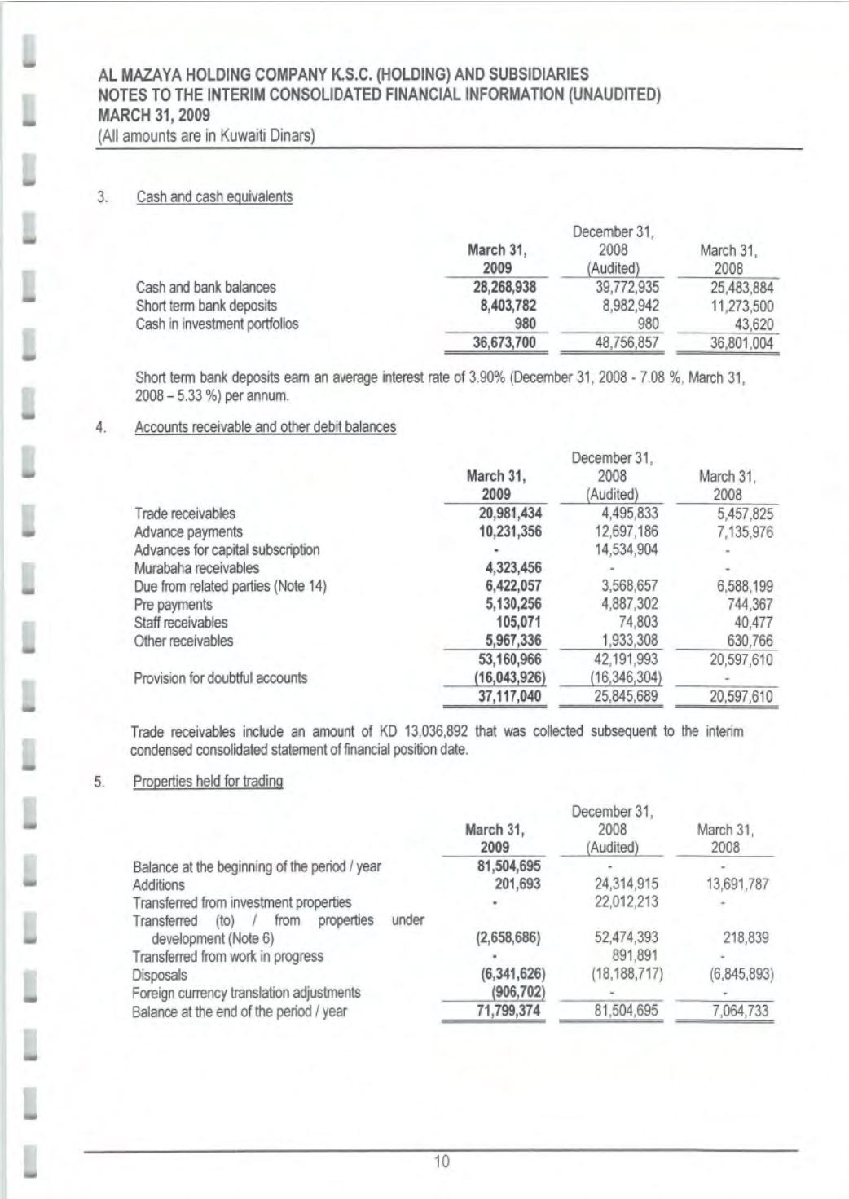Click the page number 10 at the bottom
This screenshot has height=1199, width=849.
442,1162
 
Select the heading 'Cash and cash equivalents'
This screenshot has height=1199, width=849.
214,197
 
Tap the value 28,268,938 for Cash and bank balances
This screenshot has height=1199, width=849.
504,287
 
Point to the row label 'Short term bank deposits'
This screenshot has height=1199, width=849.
206,306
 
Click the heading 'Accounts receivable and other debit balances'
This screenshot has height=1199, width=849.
266,427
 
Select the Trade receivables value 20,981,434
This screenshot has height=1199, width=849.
509,514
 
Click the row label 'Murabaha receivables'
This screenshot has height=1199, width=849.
196,568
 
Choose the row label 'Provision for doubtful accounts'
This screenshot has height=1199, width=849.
221,678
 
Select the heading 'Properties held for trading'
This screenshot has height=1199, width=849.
208,782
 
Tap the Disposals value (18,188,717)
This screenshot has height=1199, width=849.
622,975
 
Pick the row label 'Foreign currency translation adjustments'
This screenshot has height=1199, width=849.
246,993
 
